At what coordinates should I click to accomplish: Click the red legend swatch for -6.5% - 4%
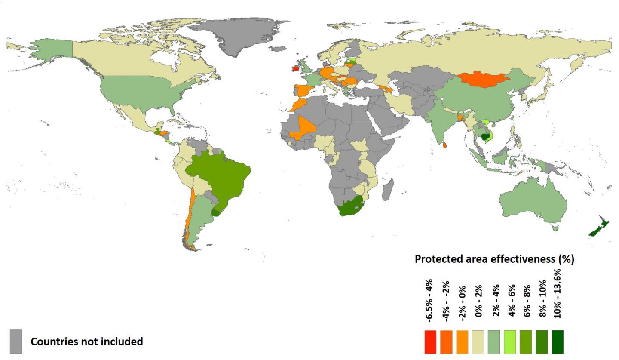point(430,342)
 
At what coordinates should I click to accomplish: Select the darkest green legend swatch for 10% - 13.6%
point(558,342)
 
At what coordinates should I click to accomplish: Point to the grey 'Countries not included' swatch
point(16,342)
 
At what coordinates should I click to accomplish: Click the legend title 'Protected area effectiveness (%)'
point(494,259)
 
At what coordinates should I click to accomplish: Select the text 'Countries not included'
point(86,342)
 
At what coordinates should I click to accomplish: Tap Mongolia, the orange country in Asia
point(481,79)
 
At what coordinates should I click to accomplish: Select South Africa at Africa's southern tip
point(352,206)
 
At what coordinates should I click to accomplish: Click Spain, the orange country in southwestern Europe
point(303,91)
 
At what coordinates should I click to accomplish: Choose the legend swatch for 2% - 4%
point(494,342)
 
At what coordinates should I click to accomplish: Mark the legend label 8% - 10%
point(542,298)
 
